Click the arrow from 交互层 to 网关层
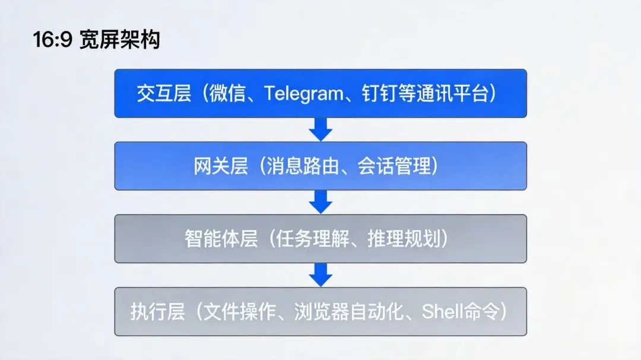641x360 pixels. tap(320, 129)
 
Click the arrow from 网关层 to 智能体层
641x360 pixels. tap(320, 202)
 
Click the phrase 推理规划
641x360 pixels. tap(410, 239)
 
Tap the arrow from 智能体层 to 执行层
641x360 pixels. tap(320, 275)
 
